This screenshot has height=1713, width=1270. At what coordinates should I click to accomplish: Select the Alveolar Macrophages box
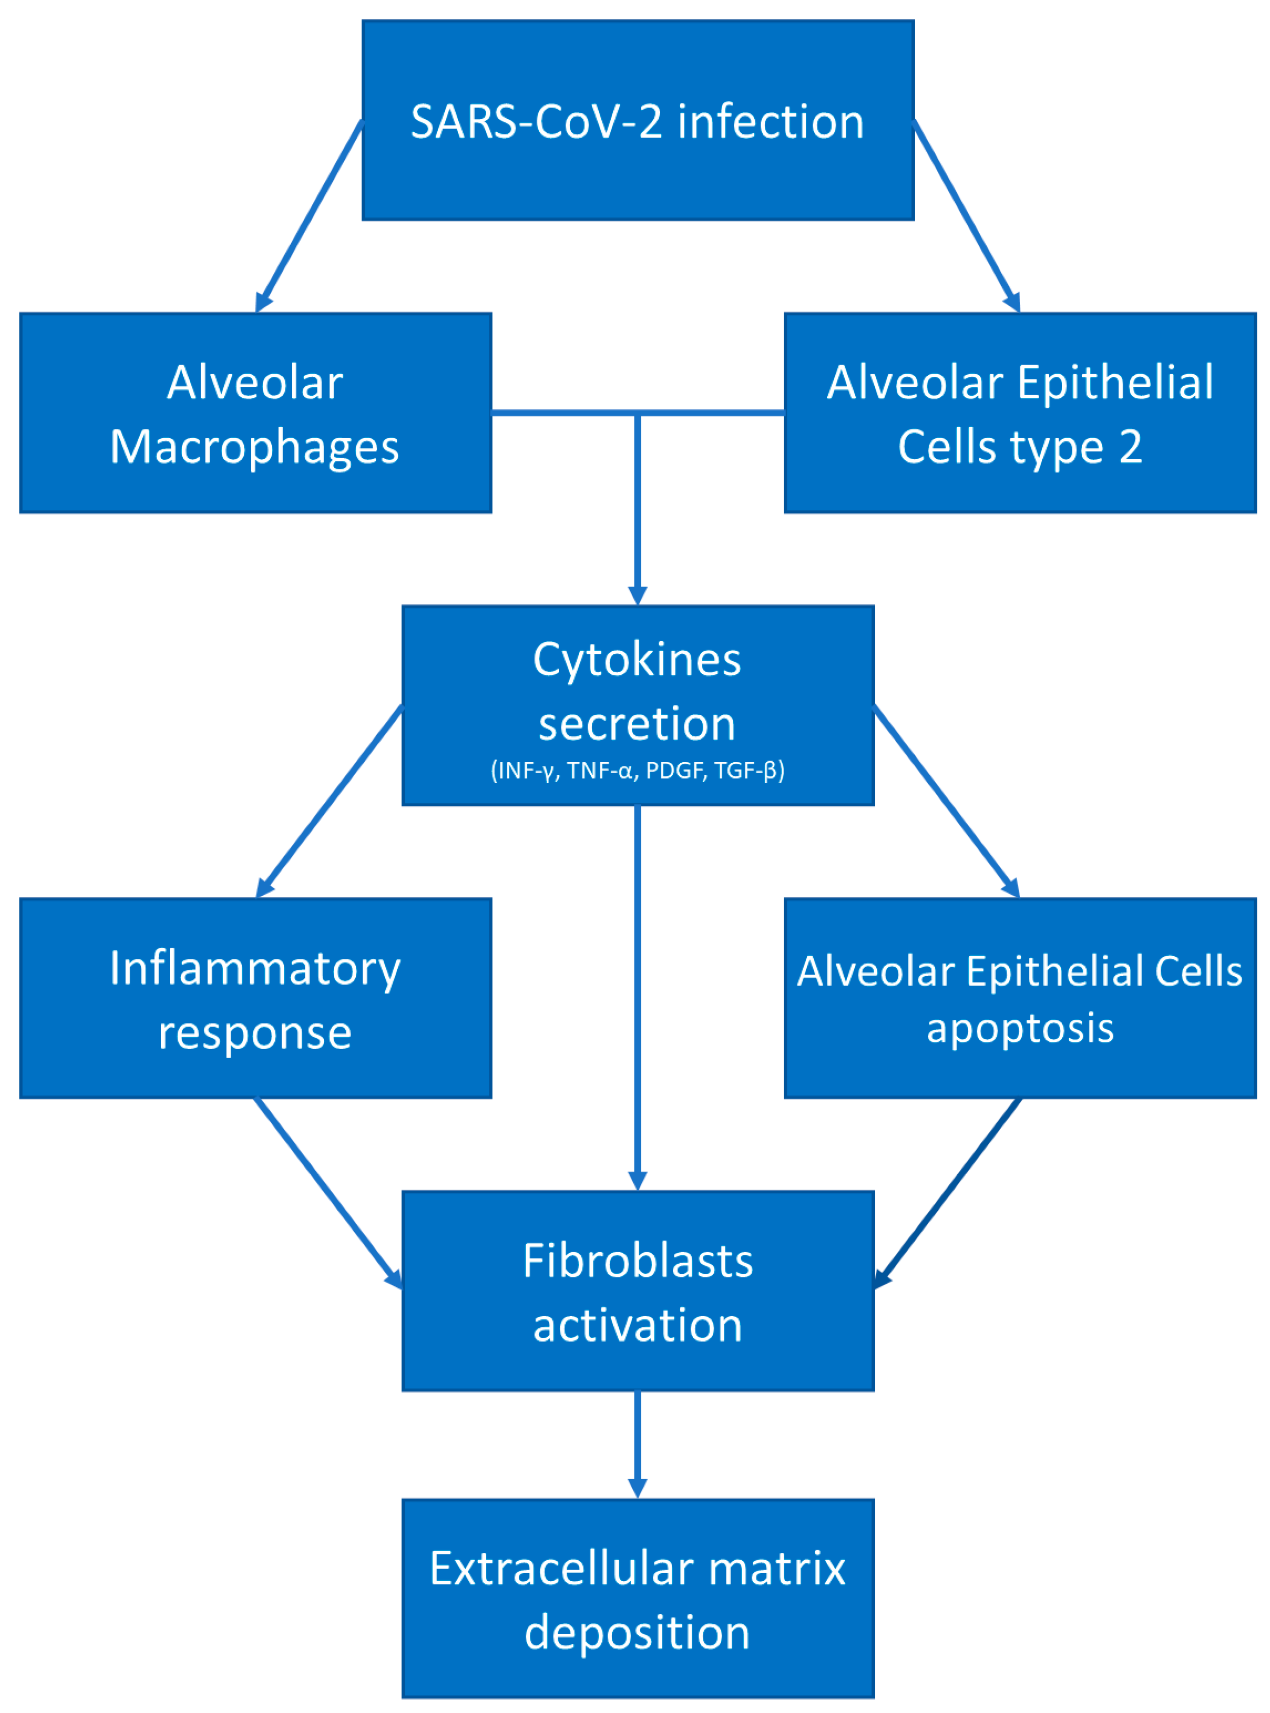pos(255,413)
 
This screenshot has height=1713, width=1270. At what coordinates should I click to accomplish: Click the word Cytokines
pos(637,660)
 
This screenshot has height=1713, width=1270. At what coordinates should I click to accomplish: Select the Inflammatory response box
pos(255,998)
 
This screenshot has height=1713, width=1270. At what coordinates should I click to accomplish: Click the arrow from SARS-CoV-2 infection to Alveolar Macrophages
pos(310,216)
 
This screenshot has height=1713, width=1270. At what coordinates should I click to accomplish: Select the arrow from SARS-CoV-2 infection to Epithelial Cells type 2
pos(966,216)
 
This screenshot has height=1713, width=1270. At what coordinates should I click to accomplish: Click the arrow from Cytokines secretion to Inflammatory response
pos(331,800)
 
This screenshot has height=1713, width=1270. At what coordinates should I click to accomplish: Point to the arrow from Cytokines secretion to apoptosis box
pos(945,800)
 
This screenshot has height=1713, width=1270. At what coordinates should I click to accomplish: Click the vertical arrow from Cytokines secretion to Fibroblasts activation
pos(637,999)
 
